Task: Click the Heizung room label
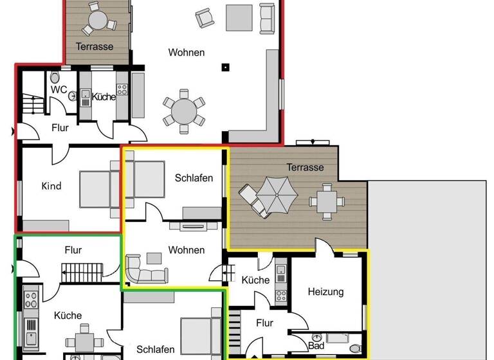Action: (x=325, y=292)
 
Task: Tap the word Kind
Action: (x=51, y=186)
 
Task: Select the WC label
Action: (x=59, y=89)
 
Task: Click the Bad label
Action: (x=316, y=345)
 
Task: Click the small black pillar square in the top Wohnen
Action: (x=225, y=66)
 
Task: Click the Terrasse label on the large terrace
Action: (x=305, y=167)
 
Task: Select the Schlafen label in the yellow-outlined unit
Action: (x=194, y=178)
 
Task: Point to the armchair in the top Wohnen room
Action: (x=204, y=18)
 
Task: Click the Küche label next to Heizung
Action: (x=255, y=280)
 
